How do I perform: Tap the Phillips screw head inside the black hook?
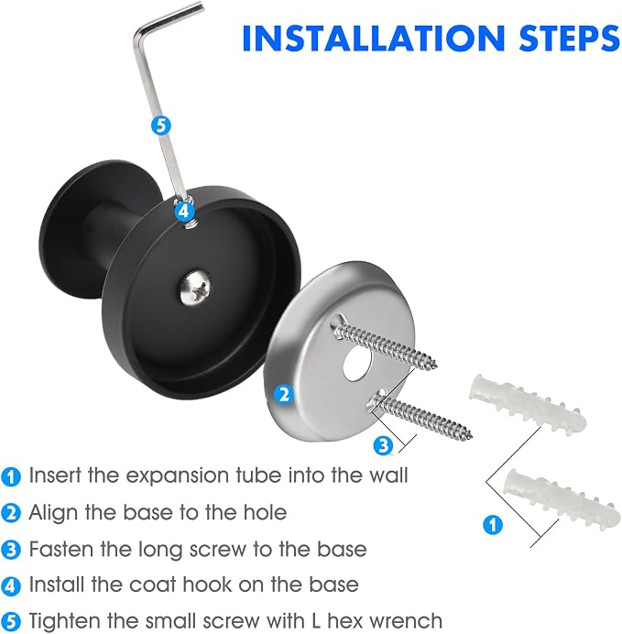pyautogui.click(x=196, y=288)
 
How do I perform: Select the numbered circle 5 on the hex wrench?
pyautogui.click(x=161, y=126)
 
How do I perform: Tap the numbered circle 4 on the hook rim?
pyautogui.click(x=183, y=211)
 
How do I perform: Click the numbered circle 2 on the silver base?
pyautogui.click(x=284, y=394)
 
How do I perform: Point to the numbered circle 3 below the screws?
pyautogui.click(x=383, y=444)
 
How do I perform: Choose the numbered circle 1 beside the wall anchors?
pyautogui.click(x=493, y=525)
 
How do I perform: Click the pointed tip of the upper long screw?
pyautogui.click(x=436, y=366)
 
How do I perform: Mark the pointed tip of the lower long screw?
pyautogui.click(x=471, y=437)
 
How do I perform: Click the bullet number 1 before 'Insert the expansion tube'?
pyautogui.click(x=11, y=477)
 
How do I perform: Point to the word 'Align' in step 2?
pyautogui.click(x=53, y=513)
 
